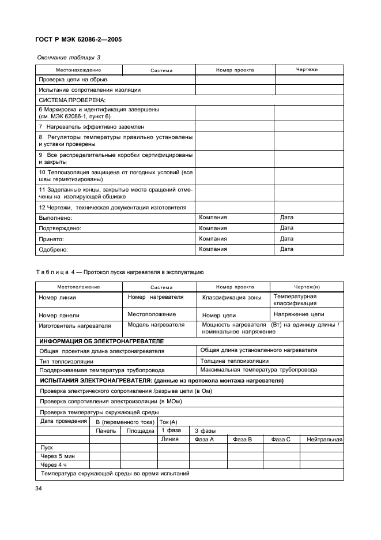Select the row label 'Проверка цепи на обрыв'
tap(72, 80)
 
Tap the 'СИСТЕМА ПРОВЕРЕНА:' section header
tap(68, 100)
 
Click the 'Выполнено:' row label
tap(55, 218)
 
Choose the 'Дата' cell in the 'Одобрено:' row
tap(286, 249)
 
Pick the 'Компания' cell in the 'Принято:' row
tap(213, 239)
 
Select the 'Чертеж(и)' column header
tap(307, 287)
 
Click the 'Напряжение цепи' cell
tap(299, 314)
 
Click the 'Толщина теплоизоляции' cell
tap(234, 361)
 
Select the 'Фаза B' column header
tap(242, 440)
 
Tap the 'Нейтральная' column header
tap(325, 440)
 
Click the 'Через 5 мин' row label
tap(55, 456)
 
